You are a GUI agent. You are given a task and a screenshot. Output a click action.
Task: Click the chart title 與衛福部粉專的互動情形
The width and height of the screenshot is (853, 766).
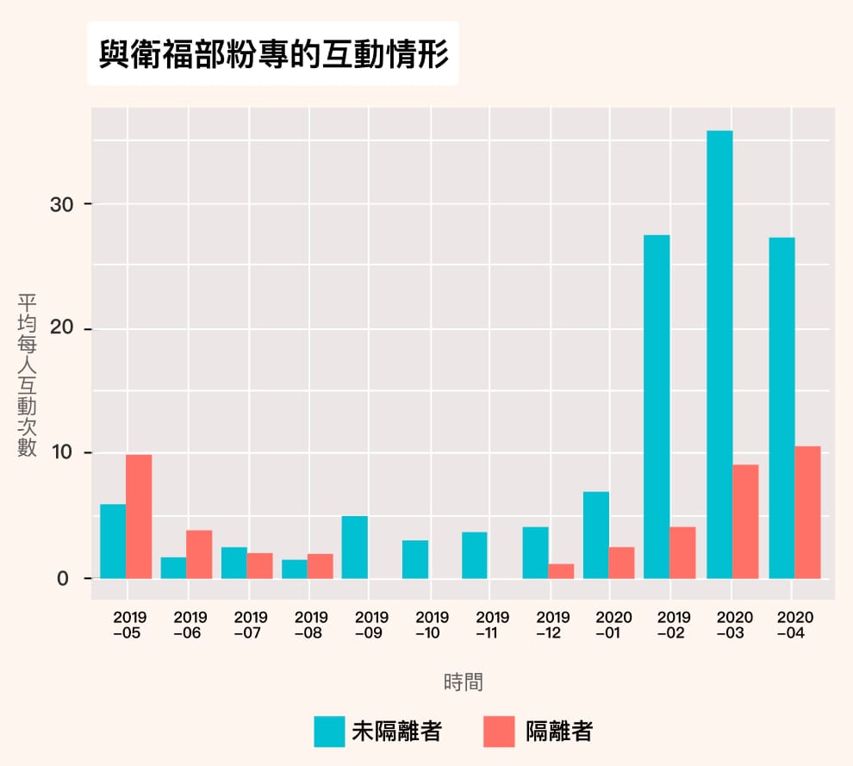[273, 54]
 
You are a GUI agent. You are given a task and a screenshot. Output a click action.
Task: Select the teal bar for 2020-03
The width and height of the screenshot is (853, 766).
[719, 354]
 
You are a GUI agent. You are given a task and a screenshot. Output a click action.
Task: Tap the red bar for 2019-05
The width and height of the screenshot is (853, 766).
[139, 516]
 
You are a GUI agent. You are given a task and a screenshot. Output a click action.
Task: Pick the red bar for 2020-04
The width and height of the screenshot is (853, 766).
[807, 512]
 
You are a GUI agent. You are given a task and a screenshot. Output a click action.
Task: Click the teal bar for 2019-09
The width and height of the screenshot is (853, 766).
[354, 547]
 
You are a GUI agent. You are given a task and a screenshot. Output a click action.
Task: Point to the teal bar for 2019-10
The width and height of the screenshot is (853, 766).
[415, 559]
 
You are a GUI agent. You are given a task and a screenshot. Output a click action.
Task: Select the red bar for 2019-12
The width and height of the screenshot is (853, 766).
[561, 571]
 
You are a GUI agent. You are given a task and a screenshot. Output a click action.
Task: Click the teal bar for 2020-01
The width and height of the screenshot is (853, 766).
[596, 535]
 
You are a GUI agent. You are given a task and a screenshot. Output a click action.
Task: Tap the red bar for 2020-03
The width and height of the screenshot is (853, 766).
[745, 521]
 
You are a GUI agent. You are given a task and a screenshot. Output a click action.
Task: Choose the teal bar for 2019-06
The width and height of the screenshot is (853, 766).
[173, 568]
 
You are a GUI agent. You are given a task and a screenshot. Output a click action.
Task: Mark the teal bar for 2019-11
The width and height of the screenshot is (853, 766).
[475, 555]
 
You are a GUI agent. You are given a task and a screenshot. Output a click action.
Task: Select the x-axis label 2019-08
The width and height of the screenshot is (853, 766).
[311, 625]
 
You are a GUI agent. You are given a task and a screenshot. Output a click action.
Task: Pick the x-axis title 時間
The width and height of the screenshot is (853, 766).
[464, 682]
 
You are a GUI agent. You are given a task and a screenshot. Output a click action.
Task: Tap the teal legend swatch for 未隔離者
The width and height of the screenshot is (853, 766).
[329, 732]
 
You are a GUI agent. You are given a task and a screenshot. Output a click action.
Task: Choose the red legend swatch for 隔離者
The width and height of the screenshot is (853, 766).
[500, 732]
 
